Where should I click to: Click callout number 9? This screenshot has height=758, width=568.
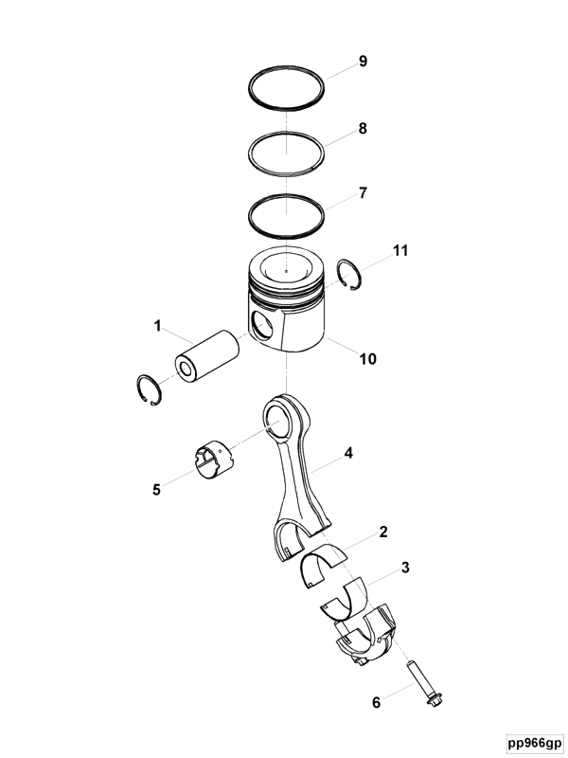(363, 62)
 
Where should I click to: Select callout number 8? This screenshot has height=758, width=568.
(363, 129)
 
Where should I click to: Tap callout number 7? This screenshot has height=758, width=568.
(363, 193)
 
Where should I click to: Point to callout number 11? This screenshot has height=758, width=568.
(400, 250)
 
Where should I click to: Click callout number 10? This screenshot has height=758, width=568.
(367, 359)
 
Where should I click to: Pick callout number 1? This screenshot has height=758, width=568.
(157, 326)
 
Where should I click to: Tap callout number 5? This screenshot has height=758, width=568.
(156, 490)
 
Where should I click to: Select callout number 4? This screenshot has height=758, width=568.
(348, 454)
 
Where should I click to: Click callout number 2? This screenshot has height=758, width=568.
(383, 532)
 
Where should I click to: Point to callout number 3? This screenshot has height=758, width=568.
(405, 567)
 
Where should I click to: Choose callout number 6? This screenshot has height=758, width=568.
(376, 702)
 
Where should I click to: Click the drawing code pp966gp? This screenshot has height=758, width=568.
(535, 743)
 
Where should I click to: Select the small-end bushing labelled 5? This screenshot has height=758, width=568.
(212, 460)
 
